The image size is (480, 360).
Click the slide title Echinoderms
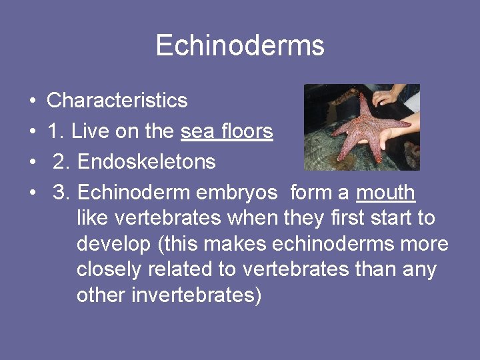(x=240, y=46)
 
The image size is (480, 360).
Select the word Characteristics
(x=117, y=101)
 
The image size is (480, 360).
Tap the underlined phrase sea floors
(x=227, y=131)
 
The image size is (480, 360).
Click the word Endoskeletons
(x=146, y=162)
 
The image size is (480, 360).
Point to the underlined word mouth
(x=386, y=193)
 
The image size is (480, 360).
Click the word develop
(x=113, y=244)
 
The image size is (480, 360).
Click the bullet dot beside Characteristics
(x=33, y=101)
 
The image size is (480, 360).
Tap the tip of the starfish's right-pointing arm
(x=408, y=124)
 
